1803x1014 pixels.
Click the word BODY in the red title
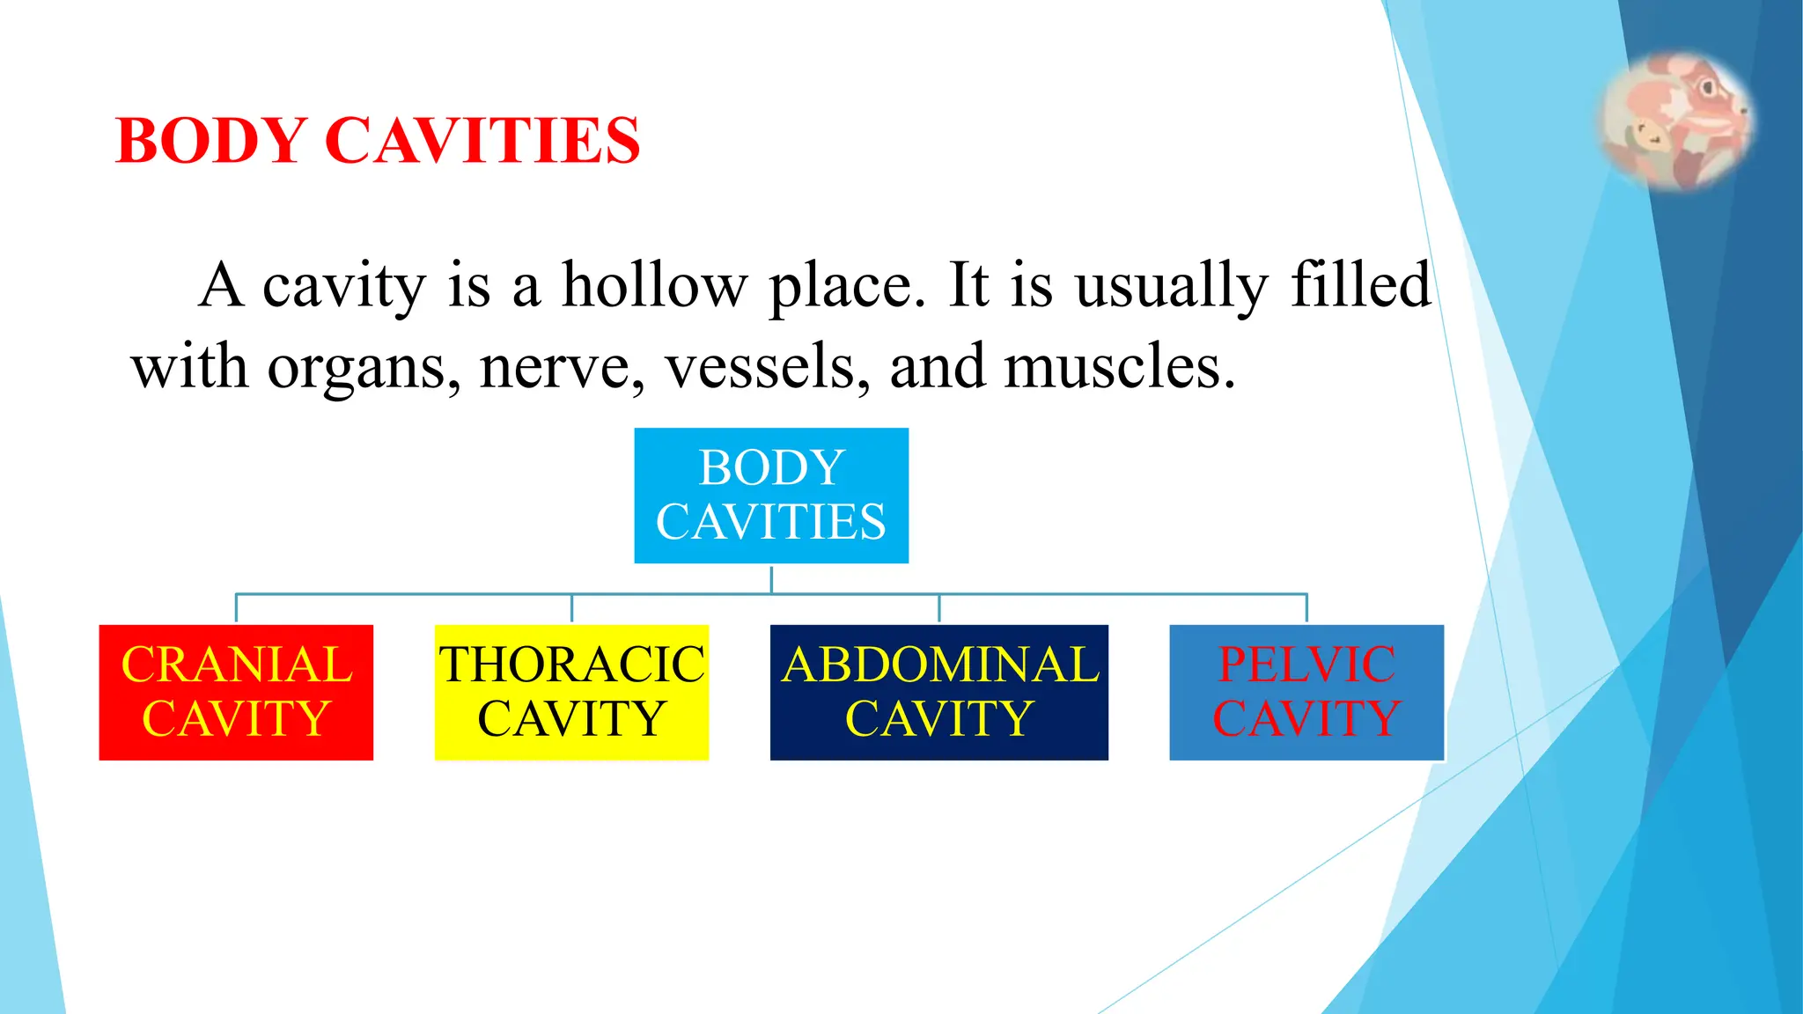click(x=210, y=141)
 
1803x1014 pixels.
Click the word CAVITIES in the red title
click(x=482, y=141)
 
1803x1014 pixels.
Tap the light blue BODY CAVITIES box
click(x=771, y=495)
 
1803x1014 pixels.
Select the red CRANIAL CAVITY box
click(x=236, y=692)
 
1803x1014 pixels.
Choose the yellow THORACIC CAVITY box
click(x=571, y=692)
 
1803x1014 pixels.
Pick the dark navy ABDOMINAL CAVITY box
click(x=938, y=692)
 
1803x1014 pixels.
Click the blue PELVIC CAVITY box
click(x=1306, y=692)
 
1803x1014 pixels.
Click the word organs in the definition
click(x=364, y=368)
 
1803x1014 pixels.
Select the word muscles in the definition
click(x=1119, y=366)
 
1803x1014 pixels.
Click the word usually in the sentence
click(x=1172, y=287)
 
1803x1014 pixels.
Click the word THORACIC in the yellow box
click(x=572, y=665)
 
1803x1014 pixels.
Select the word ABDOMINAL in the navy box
click(x=940, y=665)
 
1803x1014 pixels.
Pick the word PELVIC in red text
click(x=1306, y=665)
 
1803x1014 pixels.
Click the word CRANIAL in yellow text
click(x=237, y=665)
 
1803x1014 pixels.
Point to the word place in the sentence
click(x=847, y=287)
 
